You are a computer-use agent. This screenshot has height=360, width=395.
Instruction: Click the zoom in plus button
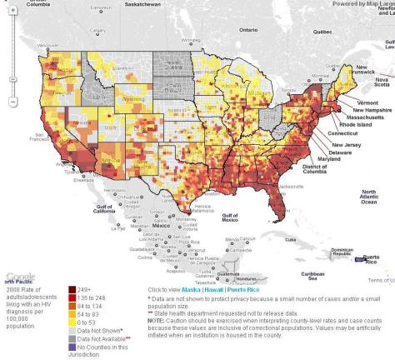(x=12, y=19)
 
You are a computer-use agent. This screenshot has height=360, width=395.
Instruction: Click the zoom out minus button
(x=12, y=102)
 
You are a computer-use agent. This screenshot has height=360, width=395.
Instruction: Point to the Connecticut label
(x=344, y=133)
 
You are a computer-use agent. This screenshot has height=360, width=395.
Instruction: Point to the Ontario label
(x=248, y=29)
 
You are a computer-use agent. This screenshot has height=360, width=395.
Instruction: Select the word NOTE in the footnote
(x=157, y=320)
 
